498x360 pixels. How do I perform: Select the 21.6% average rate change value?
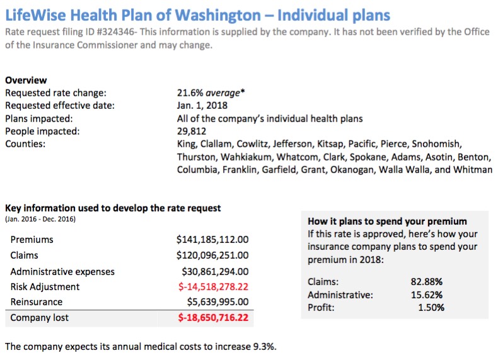pyautogui.click(x=211, y=93)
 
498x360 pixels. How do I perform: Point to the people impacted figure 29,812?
pyautogui.click(x=192, y=131)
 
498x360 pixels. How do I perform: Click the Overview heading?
pyautogui.click(x=26, y=81)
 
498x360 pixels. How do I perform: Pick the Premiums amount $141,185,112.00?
pyautogui.click(x=213, y=239)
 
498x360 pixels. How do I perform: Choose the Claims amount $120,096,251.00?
pyautogui.click(x=213, y=255)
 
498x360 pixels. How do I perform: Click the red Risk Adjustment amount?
pyautogui.click(x=213, y=286)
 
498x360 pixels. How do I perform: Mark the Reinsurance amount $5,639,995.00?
pyautogui.click(x=217, y=302)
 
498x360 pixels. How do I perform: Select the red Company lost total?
pyautogui.click(x=213, y=318)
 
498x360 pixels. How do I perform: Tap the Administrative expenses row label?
pyautogui.click(x=62, y=271)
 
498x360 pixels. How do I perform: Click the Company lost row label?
pyautogui.click(x=40, y=318)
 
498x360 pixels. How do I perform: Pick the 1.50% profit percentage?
pyautogui.click(x=431, y=308)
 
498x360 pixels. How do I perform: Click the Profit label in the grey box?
pyautogui.click(x=321, y=308)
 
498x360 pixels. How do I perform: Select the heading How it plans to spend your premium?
pyautogui.click(x=387, y=222)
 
